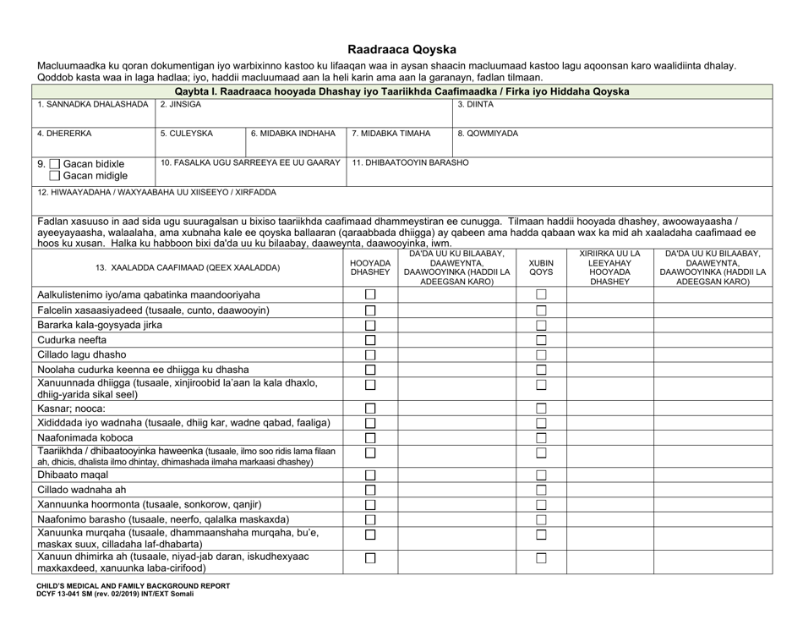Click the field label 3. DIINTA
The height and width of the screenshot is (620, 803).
477,104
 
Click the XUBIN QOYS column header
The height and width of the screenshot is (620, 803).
541,268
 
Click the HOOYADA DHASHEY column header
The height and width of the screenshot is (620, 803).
369,268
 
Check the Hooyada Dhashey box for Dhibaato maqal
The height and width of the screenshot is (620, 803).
369,475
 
